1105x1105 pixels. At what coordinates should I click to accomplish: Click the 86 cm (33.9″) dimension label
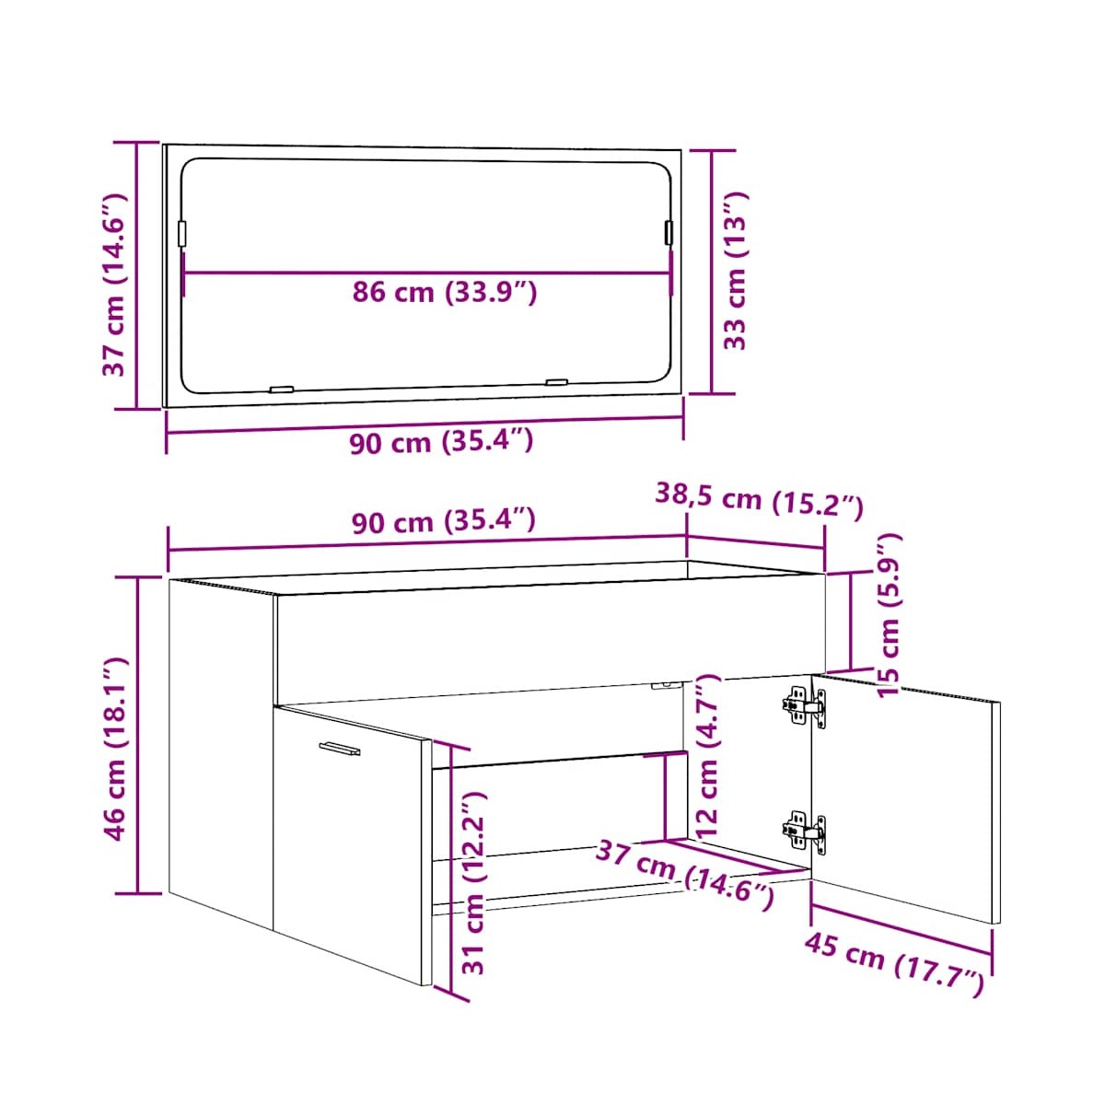(x=445, y=293)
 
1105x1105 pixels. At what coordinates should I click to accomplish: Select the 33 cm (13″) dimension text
(x=735, y=270)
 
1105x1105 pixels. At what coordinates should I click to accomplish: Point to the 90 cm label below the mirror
(x=442, y=442)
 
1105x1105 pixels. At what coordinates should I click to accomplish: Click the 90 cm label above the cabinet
(x=443, y=520)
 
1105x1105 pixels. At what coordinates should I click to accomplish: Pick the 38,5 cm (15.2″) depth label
(x=759, y=501)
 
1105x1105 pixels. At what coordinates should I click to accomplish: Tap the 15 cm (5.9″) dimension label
(x=890, y=614)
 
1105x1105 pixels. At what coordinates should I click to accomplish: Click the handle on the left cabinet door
(x=340, y=748)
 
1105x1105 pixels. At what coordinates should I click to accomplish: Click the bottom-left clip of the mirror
(x=282, y=390)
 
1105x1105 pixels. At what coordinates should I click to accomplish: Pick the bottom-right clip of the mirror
(x=556, y=382)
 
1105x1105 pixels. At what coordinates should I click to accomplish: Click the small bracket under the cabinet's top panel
(x=667, y=684)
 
